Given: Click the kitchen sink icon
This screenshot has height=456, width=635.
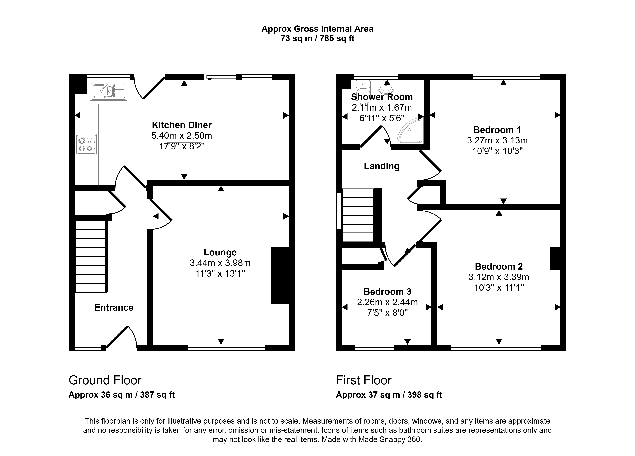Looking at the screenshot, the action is click(108, 91).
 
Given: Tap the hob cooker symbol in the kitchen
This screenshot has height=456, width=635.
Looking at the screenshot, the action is click(87, 144).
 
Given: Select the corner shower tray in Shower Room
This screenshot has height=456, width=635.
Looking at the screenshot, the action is click(411, 131).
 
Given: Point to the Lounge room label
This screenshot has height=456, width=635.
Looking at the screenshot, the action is click(220, 252).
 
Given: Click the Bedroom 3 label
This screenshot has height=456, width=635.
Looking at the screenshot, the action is click(387, 292).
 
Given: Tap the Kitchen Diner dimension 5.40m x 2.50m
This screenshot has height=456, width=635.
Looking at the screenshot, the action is click(182, 136).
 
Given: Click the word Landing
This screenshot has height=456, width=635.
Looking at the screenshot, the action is click(382, 166).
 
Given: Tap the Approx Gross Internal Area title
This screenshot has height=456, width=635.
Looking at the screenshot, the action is click(317, 29).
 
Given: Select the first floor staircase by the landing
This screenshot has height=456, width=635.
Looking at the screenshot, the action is click(358, 215).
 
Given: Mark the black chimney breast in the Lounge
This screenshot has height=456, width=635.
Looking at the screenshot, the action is click(280, 276).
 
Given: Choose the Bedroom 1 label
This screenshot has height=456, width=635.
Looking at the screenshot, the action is click(497, 130).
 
